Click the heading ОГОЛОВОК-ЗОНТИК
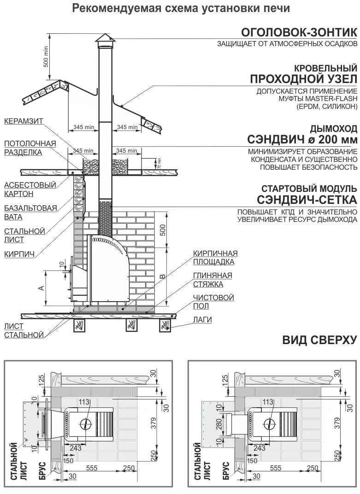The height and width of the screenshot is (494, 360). (299, 32)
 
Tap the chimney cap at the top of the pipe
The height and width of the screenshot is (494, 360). (104, 38)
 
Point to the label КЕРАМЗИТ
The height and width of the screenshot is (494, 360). (24, 121)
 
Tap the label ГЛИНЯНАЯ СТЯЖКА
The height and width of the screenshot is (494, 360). (212, 280)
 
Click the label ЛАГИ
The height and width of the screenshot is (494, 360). (203, 320)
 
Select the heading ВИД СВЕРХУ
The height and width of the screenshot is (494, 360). (319, 340)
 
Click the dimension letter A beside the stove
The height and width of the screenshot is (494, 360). (41, 288)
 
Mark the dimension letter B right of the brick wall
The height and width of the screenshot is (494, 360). (162, 277)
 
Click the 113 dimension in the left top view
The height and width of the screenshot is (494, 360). (83, 402)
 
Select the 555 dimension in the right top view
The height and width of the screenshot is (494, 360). (275, 468)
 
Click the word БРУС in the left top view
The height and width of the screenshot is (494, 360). (41, 470)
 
